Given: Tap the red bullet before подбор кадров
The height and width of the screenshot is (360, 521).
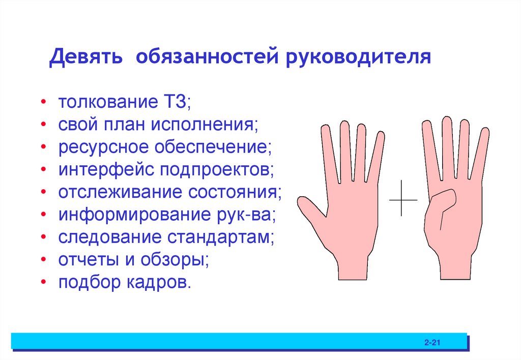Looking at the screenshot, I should tap(45, 283).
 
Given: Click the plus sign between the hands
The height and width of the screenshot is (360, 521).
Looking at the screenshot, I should tap(402, 199).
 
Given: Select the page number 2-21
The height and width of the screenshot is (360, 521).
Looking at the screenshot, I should tap(431, 343).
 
